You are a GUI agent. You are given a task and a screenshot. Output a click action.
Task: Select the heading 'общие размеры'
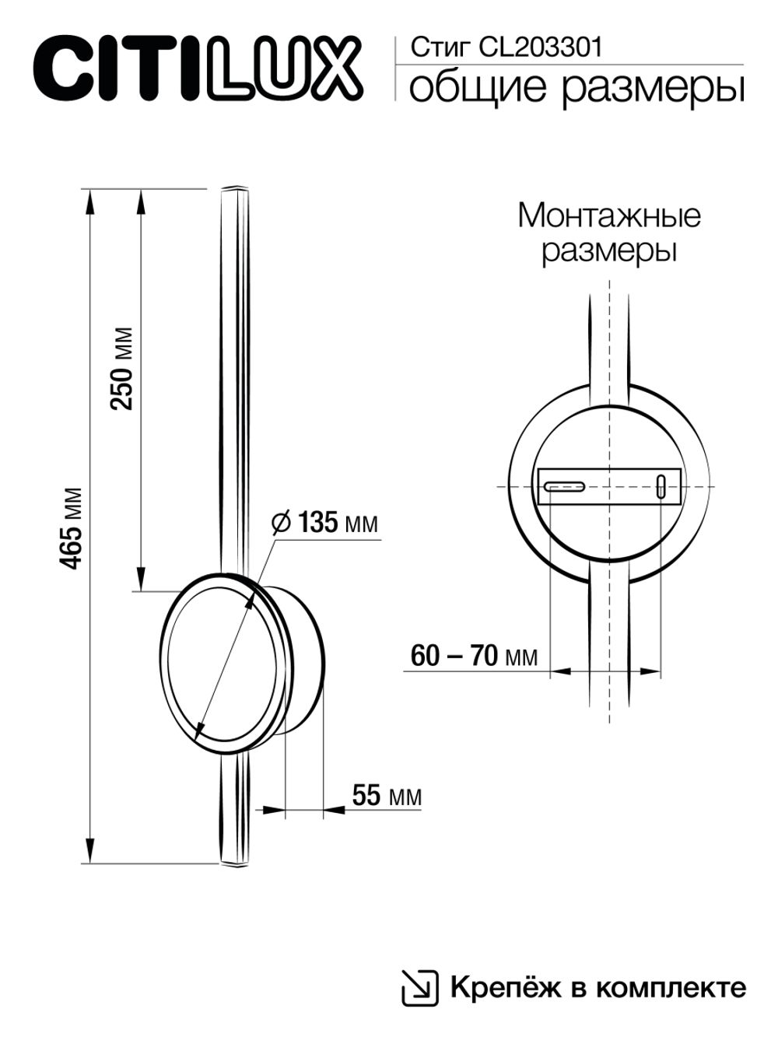[576, 88]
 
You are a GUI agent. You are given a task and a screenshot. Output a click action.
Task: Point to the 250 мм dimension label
[122, 368]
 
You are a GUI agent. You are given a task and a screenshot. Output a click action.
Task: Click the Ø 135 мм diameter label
[324, 522]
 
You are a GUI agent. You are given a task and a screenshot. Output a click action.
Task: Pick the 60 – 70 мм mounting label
[473, 656]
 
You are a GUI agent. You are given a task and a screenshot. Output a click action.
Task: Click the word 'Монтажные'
[608, 215]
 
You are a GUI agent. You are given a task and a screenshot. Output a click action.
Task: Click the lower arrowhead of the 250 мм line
[140, 581]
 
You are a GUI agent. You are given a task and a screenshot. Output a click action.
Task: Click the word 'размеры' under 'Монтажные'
[608, 250]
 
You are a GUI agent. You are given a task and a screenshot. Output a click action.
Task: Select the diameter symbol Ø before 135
[282, 522]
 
